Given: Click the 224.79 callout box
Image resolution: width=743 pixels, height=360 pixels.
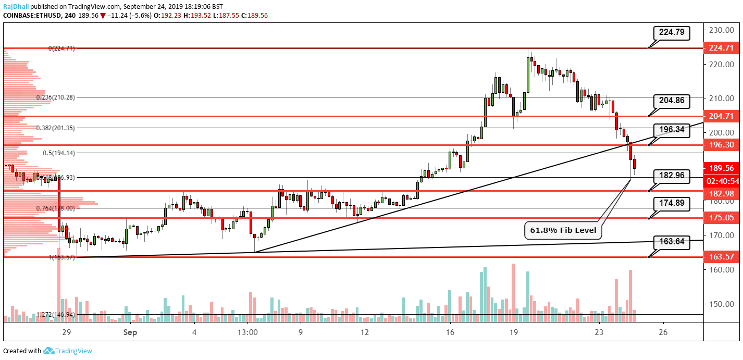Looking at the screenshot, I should pos(672,33).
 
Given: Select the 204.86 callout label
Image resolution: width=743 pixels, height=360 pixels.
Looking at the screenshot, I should pos(672,102).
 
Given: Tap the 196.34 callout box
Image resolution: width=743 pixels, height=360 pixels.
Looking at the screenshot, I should pos(672,129).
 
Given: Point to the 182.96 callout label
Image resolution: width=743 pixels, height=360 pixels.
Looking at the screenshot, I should pos(672,177).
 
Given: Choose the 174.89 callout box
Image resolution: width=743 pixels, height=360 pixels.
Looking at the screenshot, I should pos(672,204).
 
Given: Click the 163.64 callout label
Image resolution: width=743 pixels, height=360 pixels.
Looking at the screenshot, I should pos(672,242).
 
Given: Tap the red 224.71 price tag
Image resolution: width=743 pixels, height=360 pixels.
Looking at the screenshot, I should pos(721,48).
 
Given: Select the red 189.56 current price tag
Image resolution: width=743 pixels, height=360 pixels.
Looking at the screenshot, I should pos(721,168).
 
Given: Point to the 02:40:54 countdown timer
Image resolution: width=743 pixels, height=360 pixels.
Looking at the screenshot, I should pos(721,181).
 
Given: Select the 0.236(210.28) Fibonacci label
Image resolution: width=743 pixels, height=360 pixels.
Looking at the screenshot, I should pos(55,97).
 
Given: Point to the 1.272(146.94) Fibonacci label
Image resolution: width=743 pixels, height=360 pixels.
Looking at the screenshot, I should pos(55,315).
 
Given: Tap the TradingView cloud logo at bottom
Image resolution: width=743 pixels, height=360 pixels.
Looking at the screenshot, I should pos(49,351).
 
